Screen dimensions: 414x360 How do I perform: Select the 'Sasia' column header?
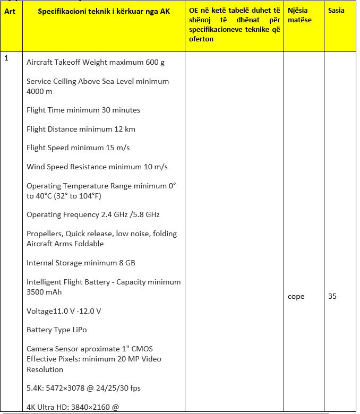pos(336,11)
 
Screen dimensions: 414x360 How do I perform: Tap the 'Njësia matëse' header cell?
pos(300,15)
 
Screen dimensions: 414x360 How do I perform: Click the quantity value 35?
pos(332,296)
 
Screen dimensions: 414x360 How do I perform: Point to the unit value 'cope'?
pos(296,296)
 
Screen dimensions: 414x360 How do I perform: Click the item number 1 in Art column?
pos(6,58)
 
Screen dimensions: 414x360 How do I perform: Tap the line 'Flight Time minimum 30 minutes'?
pos(83,110)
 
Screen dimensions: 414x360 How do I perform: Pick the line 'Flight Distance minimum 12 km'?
pos(81,129)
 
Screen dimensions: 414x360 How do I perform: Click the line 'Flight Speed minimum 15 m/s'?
pos(78,148)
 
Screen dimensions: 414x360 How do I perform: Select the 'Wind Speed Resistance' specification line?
pos(97,167)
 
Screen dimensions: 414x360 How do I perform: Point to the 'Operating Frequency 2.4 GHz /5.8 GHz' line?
pos(93,214)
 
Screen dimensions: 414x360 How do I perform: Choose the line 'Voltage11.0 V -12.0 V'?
pos(64,310)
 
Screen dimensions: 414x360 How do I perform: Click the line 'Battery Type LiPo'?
pos(56,330)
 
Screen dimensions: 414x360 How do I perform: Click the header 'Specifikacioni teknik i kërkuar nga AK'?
pos(104,11)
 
